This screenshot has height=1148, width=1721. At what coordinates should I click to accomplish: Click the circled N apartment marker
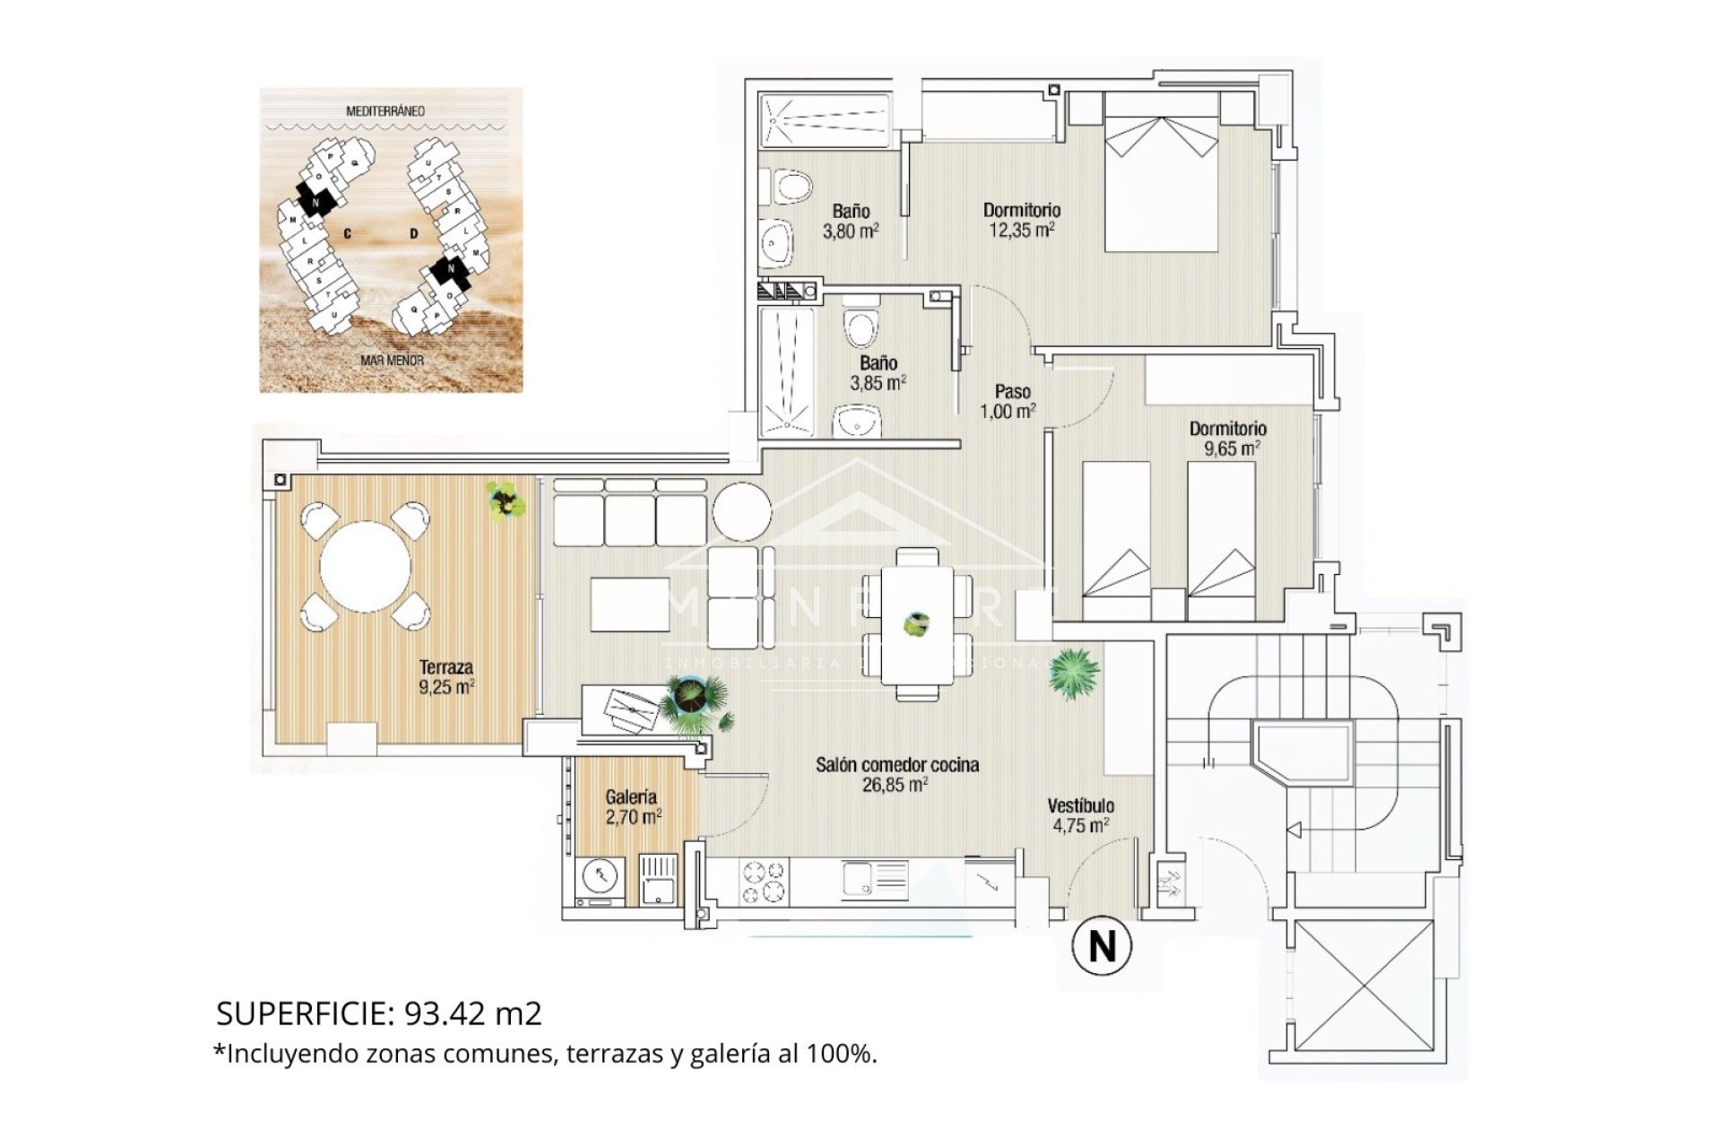1102,945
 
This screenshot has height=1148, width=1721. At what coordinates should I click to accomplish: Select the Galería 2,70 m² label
632,806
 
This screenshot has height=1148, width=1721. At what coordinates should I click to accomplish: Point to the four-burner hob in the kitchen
763,881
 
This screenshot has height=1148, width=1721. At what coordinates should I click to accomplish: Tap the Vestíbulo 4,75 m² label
1081,815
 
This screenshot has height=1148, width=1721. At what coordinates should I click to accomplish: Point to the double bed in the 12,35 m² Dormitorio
1161,183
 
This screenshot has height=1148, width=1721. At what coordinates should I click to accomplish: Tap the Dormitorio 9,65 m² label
1228,439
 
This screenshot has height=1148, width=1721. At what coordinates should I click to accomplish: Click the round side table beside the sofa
741,511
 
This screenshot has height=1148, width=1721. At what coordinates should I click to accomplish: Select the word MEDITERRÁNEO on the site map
385,111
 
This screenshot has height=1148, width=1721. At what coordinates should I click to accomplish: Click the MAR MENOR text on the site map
392,360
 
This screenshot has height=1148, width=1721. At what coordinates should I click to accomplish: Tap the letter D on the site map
413,234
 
